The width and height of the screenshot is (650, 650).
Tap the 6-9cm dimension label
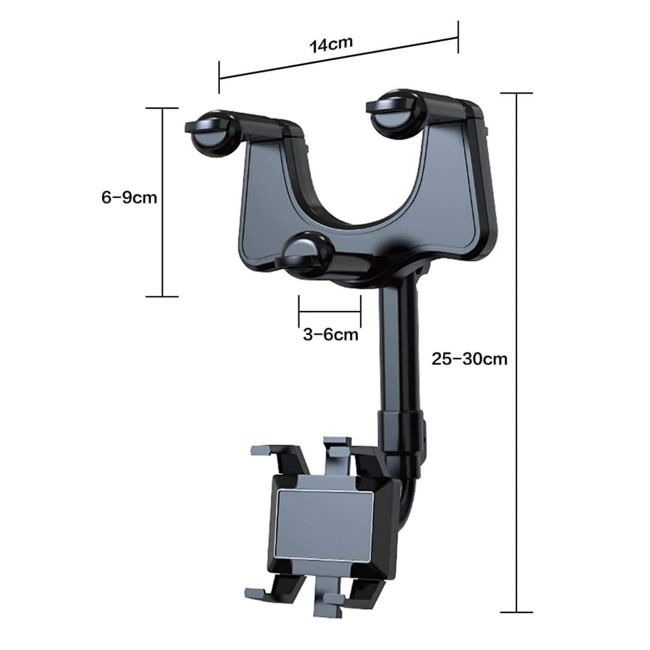click(129, 197)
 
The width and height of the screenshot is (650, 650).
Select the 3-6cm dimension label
click(331, 335)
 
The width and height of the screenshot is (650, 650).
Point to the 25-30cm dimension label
click(469, 359)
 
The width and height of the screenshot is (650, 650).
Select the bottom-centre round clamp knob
click(308, 255)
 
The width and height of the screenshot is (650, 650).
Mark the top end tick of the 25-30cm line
click(517, 94)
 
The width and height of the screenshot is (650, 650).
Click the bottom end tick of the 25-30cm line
click(517, 612)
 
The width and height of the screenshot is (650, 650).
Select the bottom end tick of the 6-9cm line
click(162, 296)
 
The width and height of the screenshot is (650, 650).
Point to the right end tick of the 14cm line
click(458, 37)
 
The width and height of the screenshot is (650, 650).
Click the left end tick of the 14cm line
click(219, 78)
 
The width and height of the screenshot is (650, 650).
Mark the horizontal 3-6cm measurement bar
click(330, 311)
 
